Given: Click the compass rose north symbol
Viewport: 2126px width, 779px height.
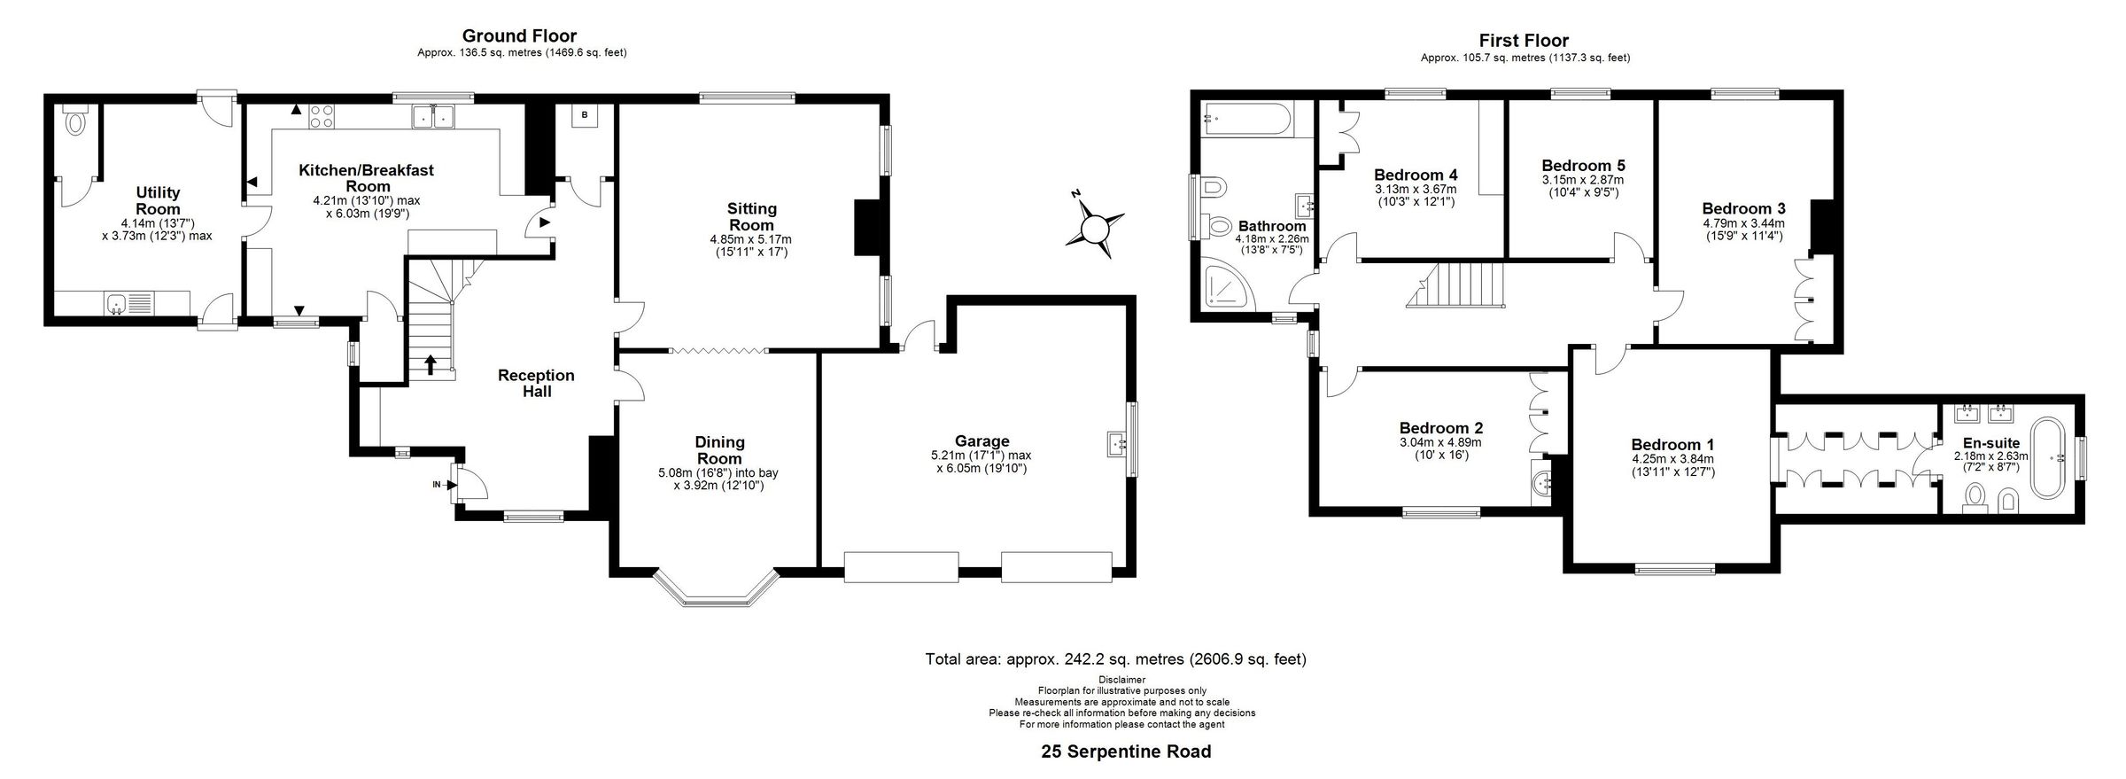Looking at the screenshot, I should [1096, 229].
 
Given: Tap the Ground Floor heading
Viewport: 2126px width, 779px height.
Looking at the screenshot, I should [519, 36].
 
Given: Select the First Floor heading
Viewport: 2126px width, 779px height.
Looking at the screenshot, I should [1524, 41].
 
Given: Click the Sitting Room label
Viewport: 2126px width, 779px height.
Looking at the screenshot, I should [751, 216].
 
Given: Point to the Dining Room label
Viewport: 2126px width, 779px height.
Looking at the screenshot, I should [718, 450].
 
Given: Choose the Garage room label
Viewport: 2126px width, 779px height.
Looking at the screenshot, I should [982, 441].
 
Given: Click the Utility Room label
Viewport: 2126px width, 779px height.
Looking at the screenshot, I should [158, 200].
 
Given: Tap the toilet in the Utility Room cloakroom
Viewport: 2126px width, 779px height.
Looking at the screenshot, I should [76, 121].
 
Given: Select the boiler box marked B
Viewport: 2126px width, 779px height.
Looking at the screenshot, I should [585, 115].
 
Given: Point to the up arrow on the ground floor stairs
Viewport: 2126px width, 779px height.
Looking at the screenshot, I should [431, 364].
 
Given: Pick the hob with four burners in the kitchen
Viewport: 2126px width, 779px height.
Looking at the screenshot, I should [322, 115].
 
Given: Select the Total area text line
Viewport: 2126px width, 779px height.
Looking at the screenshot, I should [1115, 659].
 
